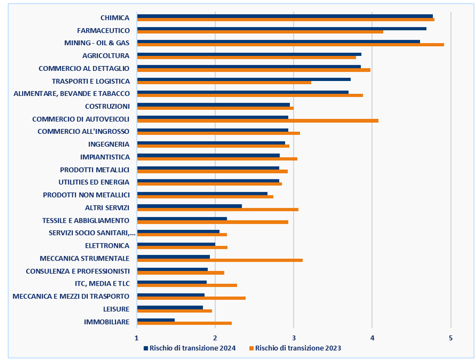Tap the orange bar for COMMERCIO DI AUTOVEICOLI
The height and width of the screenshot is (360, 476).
click(x=257, y=121)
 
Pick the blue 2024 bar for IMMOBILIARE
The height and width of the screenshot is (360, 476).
click(x=156, y=320)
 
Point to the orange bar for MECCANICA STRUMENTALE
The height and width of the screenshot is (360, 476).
click(x=220, y=260)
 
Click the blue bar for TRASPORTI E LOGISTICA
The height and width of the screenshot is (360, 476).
click(x=244, y=79)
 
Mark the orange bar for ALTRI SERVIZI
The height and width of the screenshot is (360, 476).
click(x=217, y=209)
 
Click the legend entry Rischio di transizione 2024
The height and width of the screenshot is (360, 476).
click(x=189, y=348)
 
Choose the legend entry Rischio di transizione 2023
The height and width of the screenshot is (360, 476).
click(x=294, y=348)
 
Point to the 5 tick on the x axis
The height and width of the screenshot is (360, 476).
click(x=450, y=337)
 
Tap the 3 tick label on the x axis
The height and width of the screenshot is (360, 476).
click(x=293, y=337)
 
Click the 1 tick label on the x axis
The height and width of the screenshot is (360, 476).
click(x=136, y=337)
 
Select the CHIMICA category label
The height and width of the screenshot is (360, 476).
click(x=115, y=18)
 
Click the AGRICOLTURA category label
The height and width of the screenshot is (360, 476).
click(x=106, y=56)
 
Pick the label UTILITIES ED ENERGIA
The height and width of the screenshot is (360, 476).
click(x=94, y=182)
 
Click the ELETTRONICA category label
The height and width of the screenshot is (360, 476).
click(x=107, y=246)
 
